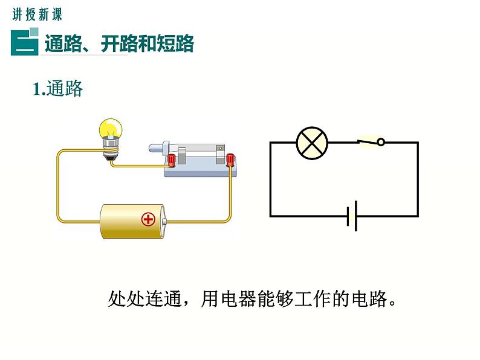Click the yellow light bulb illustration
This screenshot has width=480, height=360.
click(x=111, y=129)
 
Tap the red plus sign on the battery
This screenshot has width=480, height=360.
click(x=148, y=219)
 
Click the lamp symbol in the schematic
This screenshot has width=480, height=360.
click(x=312, y=143)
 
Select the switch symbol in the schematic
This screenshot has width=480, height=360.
click(x=371, y=142)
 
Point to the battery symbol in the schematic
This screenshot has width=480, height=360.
click(x=352, y=216)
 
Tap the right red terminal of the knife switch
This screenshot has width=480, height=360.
click(x=230, y=160)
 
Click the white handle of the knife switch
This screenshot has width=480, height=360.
click(x=159, y=147)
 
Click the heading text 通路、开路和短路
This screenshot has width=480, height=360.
click(x=118, y=43)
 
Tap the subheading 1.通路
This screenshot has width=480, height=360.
click(x=57, y=89)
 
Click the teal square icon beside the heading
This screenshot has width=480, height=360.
click(x=25, y=42)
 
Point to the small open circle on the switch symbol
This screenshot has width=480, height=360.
click(x=381, y=143)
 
